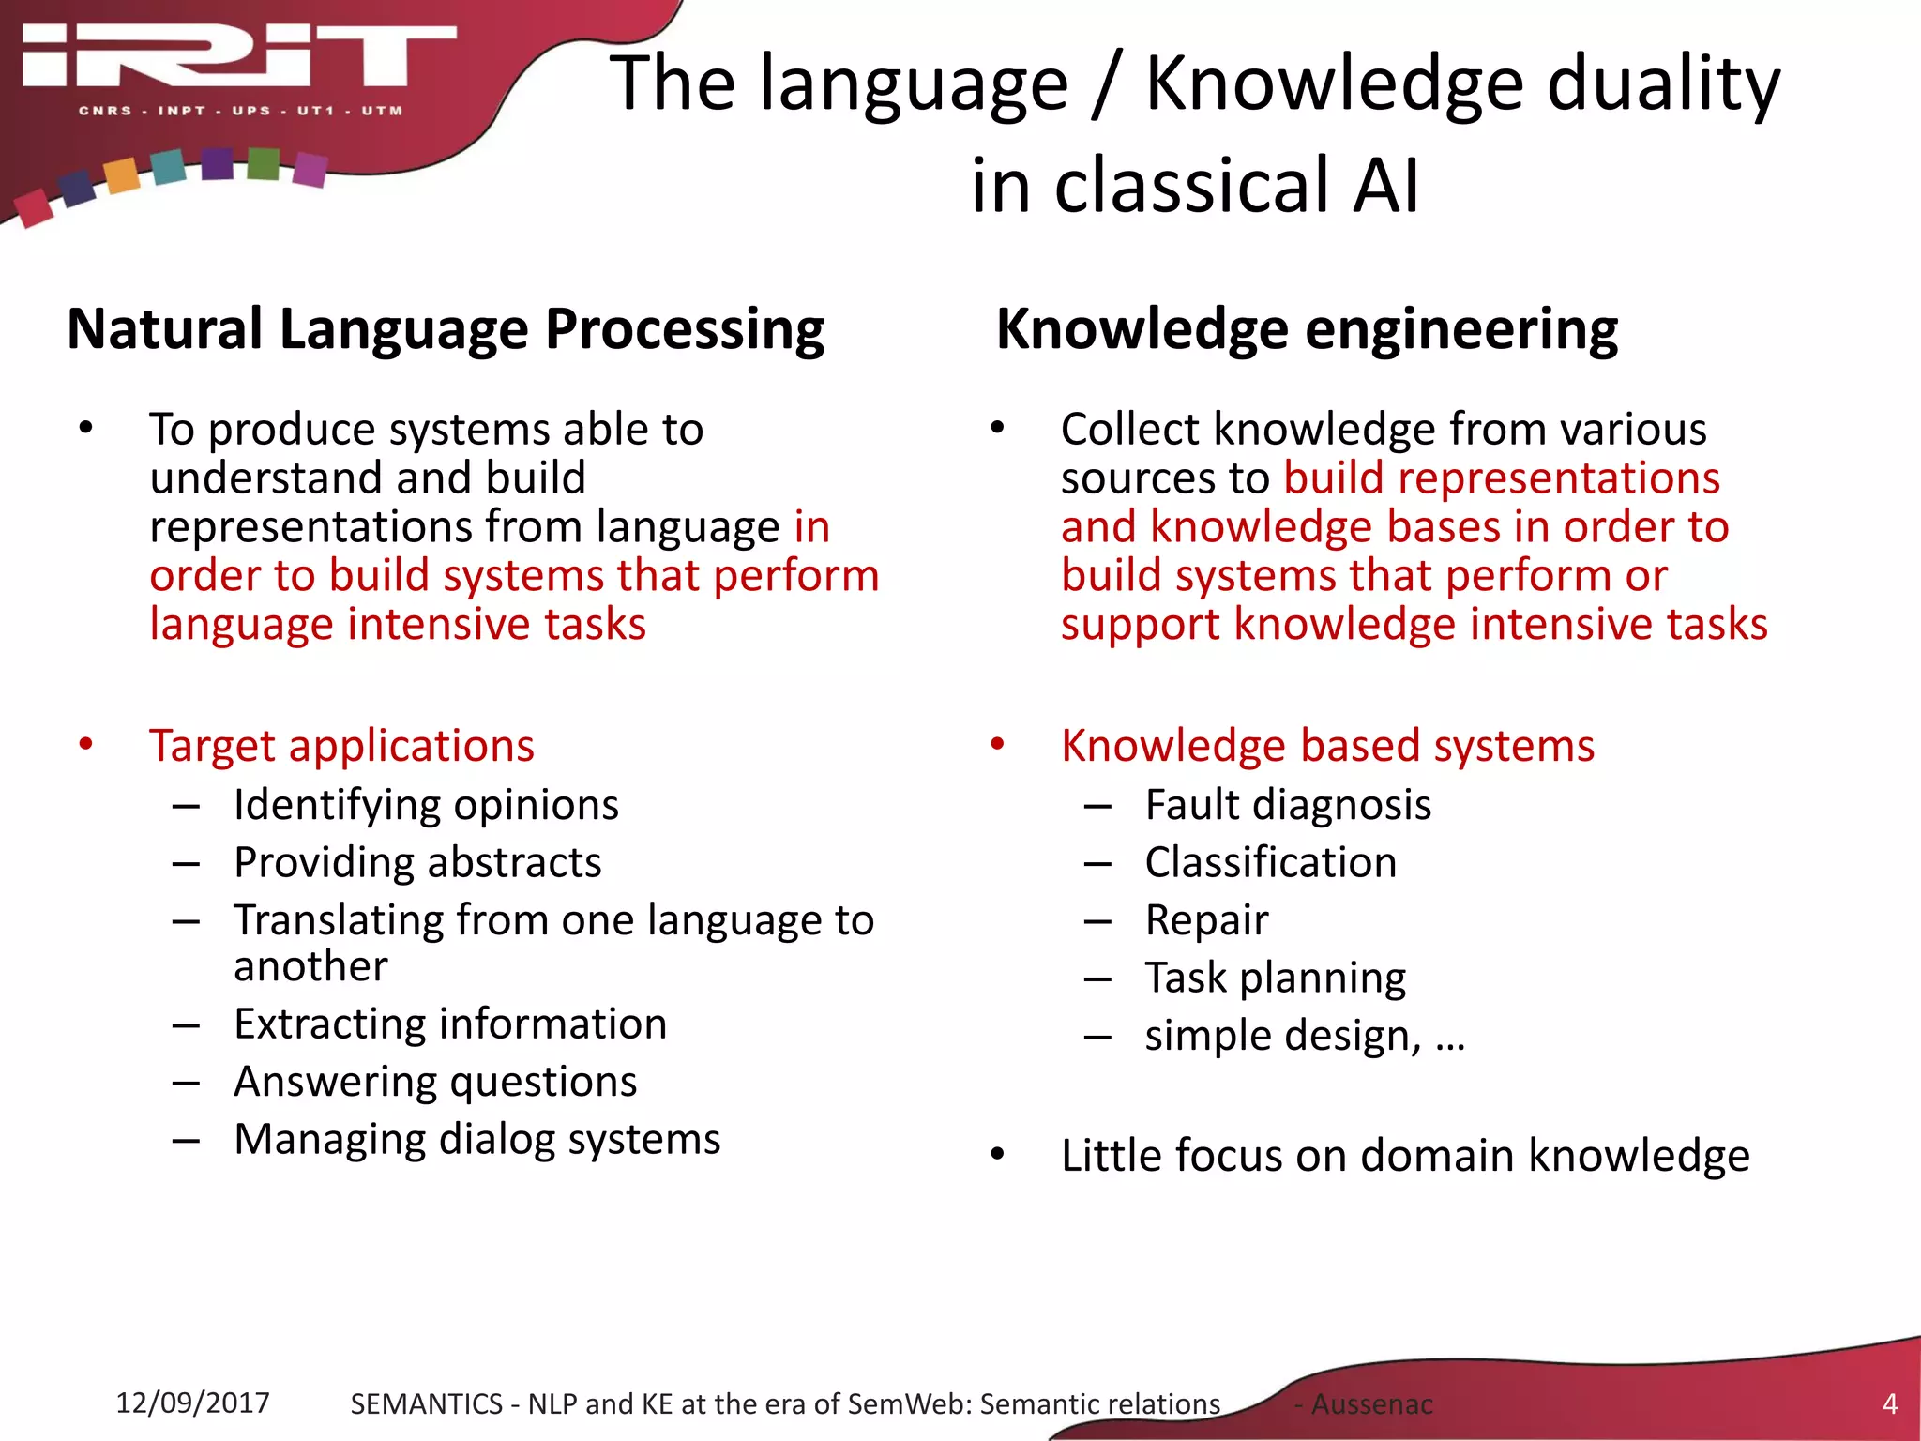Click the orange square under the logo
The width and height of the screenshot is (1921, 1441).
(x=122, y=175)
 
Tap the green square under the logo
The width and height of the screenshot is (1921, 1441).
(x=264, y=163)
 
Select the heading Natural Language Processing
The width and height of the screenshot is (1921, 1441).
(x=446, y=329)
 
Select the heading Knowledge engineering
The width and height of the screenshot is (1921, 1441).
(x=1307, y=329)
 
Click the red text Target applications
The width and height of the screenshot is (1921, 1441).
(x=341, y=746)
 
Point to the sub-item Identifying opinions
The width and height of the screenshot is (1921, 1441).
(x=426, y=805)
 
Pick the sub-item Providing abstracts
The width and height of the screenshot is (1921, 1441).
(x=417, y=862)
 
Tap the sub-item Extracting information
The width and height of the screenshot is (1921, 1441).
(x=450, y=1024)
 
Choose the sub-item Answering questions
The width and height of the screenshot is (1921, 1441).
(x=435, y=1082)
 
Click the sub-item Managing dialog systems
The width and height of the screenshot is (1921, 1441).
(x=476, y=1139)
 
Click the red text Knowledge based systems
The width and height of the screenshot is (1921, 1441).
(x=1327, y=746)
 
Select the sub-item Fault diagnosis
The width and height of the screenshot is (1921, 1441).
(x=1288, y=805)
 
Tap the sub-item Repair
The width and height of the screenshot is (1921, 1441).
(x=1206, y=920)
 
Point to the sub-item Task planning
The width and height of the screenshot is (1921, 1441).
(x=1275, y=978)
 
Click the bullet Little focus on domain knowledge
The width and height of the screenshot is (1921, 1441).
(x=1404, y=1155)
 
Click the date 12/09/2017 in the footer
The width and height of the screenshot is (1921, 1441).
(x=192, y=1403)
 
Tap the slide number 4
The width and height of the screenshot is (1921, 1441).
(x=1889, y=1404)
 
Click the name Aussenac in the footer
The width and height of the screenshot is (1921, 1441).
(x=1371, y=1404)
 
